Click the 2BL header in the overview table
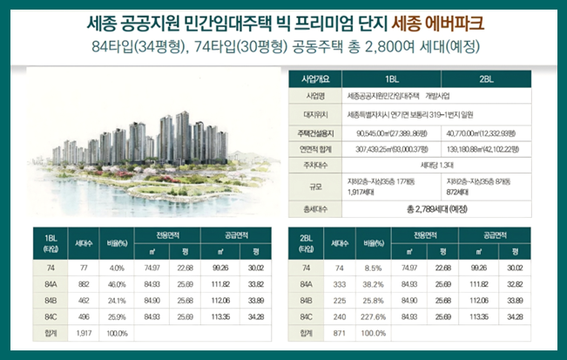(x=486, y=77)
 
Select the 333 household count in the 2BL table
(x=338, y=284)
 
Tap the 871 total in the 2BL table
(x=338, y=333)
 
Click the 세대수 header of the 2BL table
(x=338, y=243)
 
